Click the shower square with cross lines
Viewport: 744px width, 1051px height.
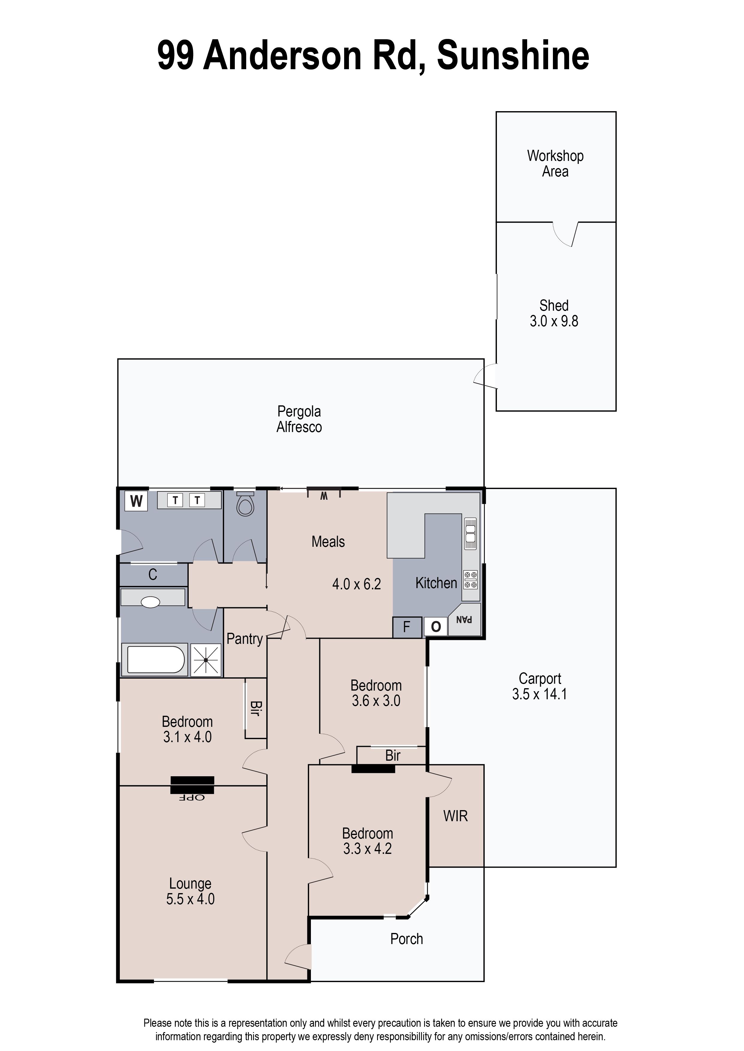[206, 660]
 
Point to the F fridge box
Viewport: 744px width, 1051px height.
[406, 627]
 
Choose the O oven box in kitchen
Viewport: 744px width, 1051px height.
[436, 627]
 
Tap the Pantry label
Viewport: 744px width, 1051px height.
[245, 639]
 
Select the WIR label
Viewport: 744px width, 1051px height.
[455, 816]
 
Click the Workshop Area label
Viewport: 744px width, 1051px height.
[555, 164]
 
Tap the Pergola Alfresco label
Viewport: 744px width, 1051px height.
[299, 419]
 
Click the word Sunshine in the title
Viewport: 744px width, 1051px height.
[513, 56]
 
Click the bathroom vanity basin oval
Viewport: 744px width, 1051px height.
[150, 602]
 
